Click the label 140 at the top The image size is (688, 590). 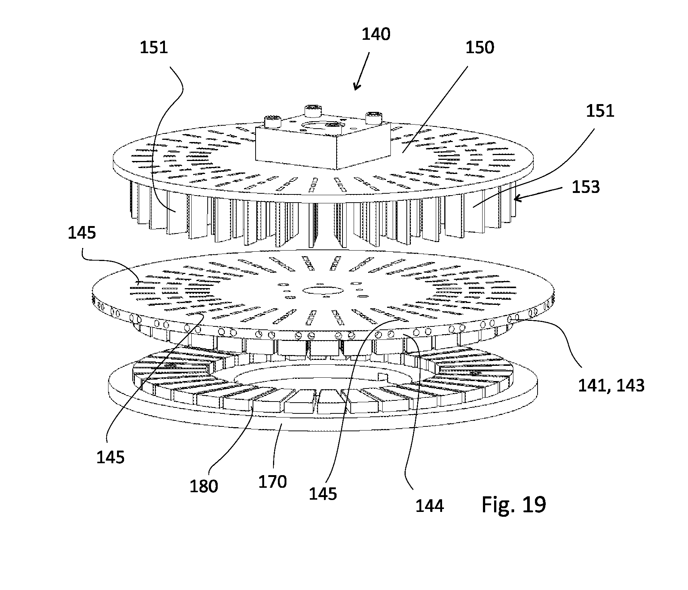(x=376, y=35)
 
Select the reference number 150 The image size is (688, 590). (x=480, y=48)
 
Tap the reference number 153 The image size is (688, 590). (x=585, y=187)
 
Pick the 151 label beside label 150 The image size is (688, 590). (x=600, y=111)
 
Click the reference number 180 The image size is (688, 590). (x=204, y=486)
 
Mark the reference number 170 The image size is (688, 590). (x=273, y=482)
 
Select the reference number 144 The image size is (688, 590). (x=429, y=506)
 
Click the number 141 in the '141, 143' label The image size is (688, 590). (x=591, y=386)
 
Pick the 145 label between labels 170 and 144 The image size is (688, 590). (x=323, y=493)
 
